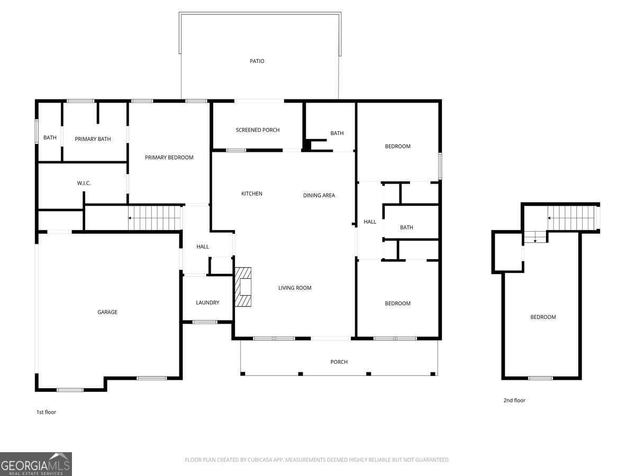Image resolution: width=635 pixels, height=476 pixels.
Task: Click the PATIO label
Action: (x=257, y=61)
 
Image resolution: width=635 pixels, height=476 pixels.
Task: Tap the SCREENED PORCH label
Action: (x=258, y=130)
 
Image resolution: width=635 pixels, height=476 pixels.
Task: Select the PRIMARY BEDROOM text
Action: (x=169, y=158)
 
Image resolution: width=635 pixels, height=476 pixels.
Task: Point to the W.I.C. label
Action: (x=84, y=183)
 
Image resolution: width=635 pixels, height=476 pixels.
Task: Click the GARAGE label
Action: (x=107, y=312)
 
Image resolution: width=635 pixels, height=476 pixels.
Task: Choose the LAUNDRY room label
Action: (x=207, y=303)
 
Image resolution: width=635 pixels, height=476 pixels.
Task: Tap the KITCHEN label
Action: (x=252, y=194)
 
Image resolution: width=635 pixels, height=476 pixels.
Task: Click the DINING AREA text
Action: (x=319, y=195)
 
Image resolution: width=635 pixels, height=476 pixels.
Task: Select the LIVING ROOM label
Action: (x=295, y=288)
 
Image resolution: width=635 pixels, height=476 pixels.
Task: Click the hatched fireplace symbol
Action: (x=243, y=287)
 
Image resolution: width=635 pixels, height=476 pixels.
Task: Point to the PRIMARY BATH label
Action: (x=93, y=139)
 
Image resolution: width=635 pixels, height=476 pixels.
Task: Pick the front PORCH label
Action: (x=339, y=362)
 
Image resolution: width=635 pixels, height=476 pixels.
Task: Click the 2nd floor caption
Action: (x=514, y=400)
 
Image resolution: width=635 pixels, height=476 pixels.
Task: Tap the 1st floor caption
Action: (x=46, y=412)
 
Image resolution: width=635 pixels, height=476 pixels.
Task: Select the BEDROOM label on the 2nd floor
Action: (x=543, y=317)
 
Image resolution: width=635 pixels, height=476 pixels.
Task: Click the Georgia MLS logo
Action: (x=36, y=464)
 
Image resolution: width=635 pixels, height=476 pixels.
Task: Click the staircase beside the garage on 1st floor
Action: (x=155, y=218)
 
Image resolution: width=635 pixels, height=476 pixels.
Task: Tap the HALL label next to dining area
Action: (x=370, y=222)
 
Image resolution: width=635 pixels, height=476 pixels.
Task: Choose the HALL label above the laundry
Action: (x=203, y=246)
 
